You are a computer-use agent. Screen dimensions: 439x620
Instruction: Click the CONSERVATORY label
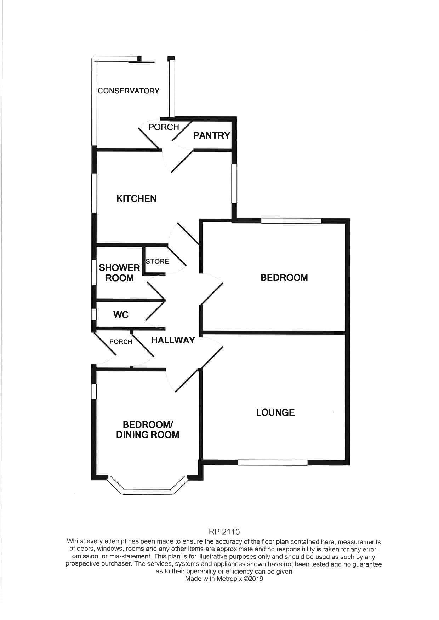129,91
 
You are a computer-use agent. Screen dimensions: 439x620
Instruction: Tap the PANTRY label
211,135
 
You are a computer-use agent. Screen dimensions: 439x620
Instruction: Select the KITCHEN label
136,198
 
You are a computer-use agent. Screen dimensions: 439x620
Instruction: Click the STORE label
157,261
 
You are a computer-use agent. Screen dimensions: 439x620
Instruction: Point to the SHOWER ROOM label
119,273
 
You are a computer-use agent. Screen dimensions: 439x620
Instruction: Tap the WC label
121,314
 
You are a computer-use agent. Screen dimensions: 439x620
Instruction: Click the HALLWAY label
173,340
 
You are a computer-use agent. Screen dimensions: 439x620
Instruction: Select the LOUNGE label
275,412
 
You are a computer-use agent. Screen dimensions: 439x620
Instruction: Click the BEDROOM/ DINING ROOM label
148,430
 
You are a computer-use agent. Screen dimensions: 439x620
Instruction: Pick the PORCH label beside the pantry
164,127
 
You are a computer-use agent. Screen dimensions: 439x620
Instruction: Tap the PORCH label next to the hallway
121,342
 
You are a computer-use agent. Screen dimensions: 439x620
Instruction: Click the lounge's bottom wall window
273,462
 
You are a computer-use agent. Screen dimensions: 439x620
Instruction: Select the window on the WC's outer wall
94,314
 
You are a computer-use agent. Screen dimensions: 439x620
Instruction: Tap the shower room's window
94,273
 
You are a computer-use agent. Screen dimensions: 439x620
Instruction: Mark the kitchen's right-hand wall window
234,183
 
